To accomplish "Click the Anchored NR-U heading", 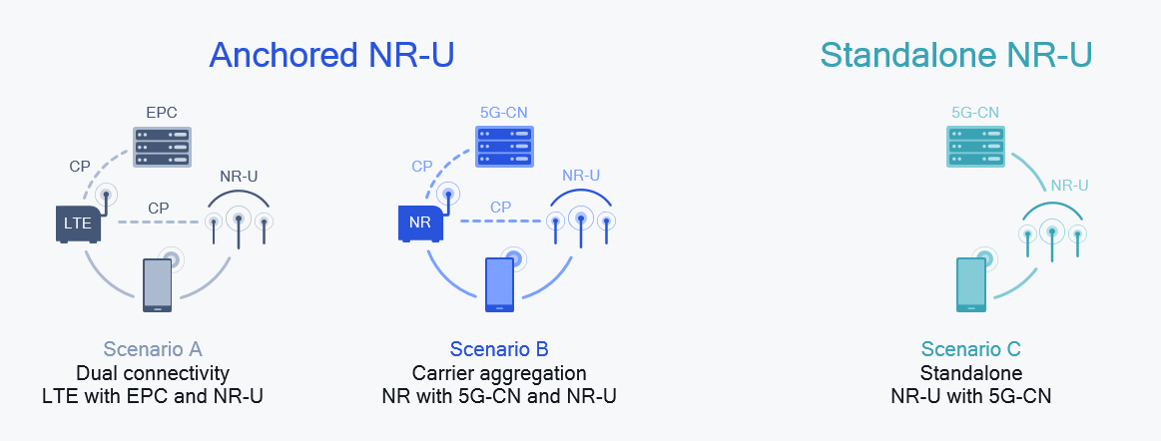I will (x=331, y=56).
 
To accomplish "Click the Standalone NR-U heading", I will (x=955, y=56).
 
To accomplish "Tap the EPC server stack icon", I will (x=161, y=147).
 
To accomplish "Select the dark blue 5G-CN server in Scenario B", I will (x=504, y=147).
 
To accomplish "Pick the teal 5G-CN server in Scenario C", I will (x=974, y=147).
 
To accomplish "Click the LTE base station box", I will (x=78, y=222).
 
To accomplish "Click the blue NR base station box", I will (x=420, y=222).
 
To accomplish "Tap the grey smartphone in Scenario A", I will (x=158, y=284).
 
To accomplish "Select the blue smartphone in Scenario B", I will (x=500, y=284).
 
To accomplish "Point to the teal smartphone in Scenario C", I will (x=971, y=284).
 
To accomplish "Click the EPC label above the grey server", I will (x=161, y=112).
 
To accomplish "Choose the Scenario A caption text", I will (x=153, y=349).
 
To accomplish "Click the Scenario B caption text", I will (x=499, y=349).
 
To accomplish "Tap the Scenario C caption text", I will (x=970, y=349).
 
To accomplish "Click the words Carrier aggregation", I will (x=499, y=373).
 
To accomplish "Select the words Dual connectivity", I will (x=153, y=373).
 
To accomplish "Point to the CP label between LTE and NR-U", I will (x=158, y=208).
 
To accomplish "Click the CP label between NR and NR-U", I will (x=501, y=208).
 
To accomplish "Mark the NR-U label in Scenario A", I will (x=239, y=176).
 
